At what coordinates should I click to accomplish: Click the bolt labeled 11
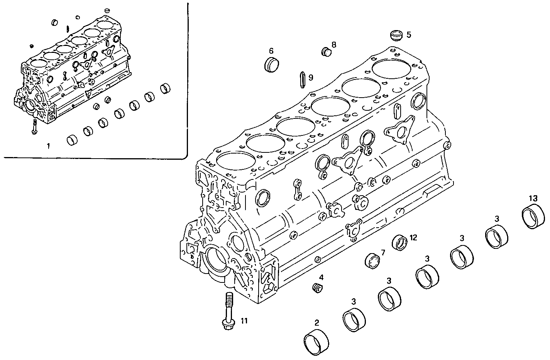[228, 311]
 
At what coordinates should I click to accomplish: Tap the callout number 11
[244, 320]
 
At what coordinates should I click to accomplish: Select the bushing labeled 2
[316, 340]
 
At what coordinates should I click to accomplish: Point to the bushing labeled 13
[533, 218]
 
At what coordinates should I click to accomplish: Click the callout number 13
[533, 198]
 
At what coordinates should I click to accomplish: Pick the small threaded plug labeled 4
[317, 288]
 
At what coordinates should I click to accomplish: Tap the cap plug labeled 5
[395, 35]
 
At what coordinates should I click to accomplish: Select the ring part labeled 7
[373, 260]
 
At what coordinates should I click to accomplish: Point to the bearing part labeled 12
[400, 242]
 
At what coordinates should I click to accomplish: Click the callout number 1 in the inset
[48, 146]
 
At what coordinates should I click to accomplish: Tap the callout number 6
[271, 51]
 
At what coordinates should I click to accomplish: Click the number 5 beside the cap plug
[409, 35]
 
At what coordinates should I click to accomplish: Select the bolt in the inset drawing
[35, 127]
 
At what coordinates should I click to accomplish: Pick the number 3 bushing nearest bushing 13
[497, 238]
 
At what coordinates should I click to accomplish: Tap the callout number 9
[311, 78]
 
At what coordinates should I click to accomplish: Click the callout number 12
[413, 237]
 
